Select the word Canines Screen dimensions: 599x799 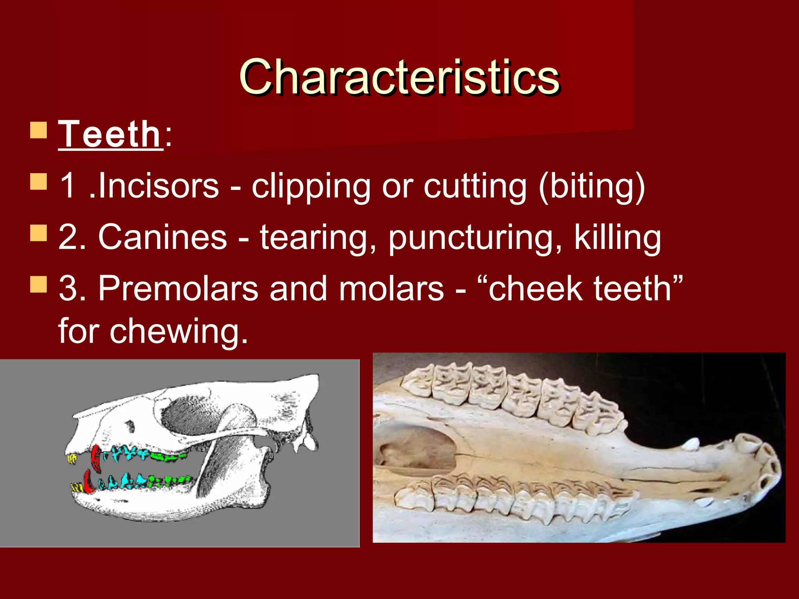[x=162, y=237]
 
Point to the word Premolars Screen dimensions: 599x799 [x=178, y=289]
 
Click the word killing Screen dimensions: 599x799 [x=617, y=237]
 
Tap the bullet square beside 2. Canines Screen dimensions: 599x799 [x=38, y=233]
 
